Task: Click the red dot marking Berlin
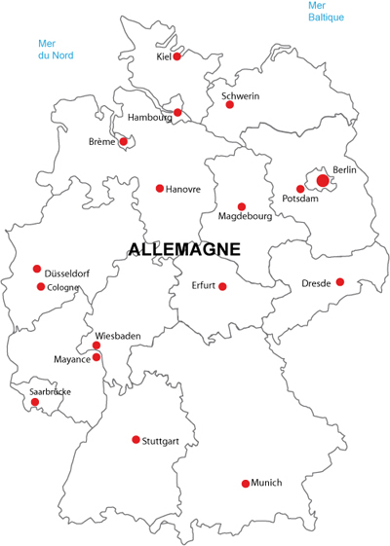coord(323,180)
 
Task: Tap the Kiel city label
coord(163,56)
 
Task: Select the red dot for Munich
coord(246,484)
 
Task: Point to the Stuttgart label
coord(160,441)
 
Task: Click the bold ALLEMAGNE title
coord(184,249)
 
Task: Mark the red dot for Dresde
coord(340,282)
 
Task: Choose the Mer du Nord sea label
coord(56,49)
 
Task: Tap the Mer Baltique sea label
coord(326,12)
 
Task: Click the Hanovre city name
coord(183,189)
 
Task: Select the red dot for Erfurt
coord(222,286)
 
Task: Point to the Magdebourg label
coord(245,216)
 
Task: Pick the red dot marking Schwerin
coord(230,104)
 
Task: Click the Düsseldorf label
coord(67,273)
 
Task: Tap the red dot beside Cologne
coord(41,287)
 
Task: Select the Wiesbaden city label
coord(118,336)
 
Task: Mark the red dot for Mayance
coord(97,357)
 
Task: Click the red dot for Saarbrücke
coord(35,402)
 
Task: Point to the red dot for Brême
coord(124,141)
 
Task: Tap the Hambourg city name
coord(149,118)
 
